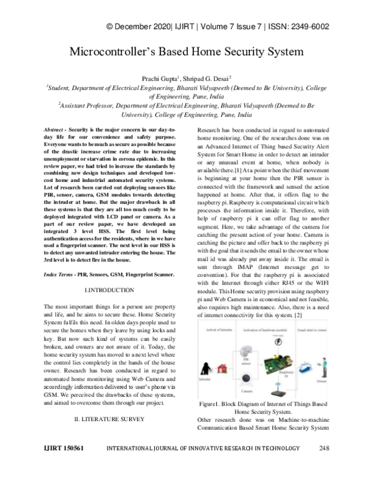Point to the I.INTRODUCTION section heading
click(x=108, y=291)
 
